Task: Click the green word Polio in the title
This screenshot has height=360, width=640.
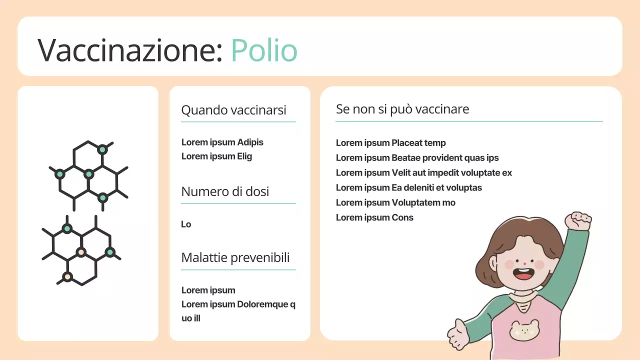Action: (264, 50)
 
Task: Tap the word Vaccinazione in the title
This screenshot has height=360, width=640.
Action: (130, 50)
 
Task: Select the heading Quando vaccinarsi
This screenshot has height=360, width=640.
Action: (233, 110)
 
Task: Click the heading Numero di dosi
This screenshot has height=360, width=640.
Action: (225, 191)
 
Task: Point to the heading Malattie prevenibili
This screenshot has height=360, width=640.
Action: (235, 257)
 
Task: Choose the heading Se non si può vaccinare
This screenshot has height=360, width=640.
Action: (402, 109)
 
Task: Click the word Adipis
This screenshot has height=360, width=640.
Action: (250, 142)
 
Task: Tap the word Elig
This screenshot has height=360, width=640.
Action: (244, 156)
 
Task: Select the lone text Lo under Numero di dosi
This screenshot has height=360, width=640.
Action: (186, 224)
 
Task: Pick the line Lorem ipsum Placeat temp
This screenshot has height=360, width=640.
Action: (390, 143)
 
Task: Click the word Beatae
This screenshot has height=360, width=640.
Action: (406, 158)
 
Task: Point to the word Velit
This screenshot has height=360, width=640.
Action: (402, 173)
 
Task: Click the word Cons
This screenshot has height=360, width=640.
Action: (402, 218)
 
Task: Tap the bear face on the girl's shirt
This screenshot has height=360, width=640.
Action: (524, 330)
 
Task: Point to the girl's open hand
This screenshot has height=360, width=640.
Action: (457, 332)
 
